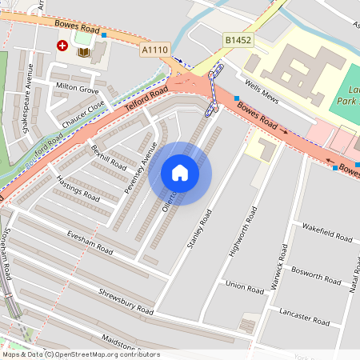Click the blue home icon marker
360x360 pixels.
(180, 173)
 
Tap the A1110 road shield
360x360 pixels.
(155, 50)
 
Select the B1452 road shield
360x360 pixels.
(238, 38)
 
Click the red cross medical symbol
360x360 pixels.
(62, 47)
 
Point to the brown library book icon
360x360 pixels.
(83, 53)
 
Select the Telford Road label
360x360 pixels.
(146, 101)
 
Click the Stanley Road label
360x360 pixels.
(200, 228)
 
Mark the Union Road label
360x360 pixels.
(245, 285)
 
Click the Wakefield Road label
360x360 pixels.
(327, 233)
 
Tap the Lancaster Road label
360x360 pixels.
(304, 317)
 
